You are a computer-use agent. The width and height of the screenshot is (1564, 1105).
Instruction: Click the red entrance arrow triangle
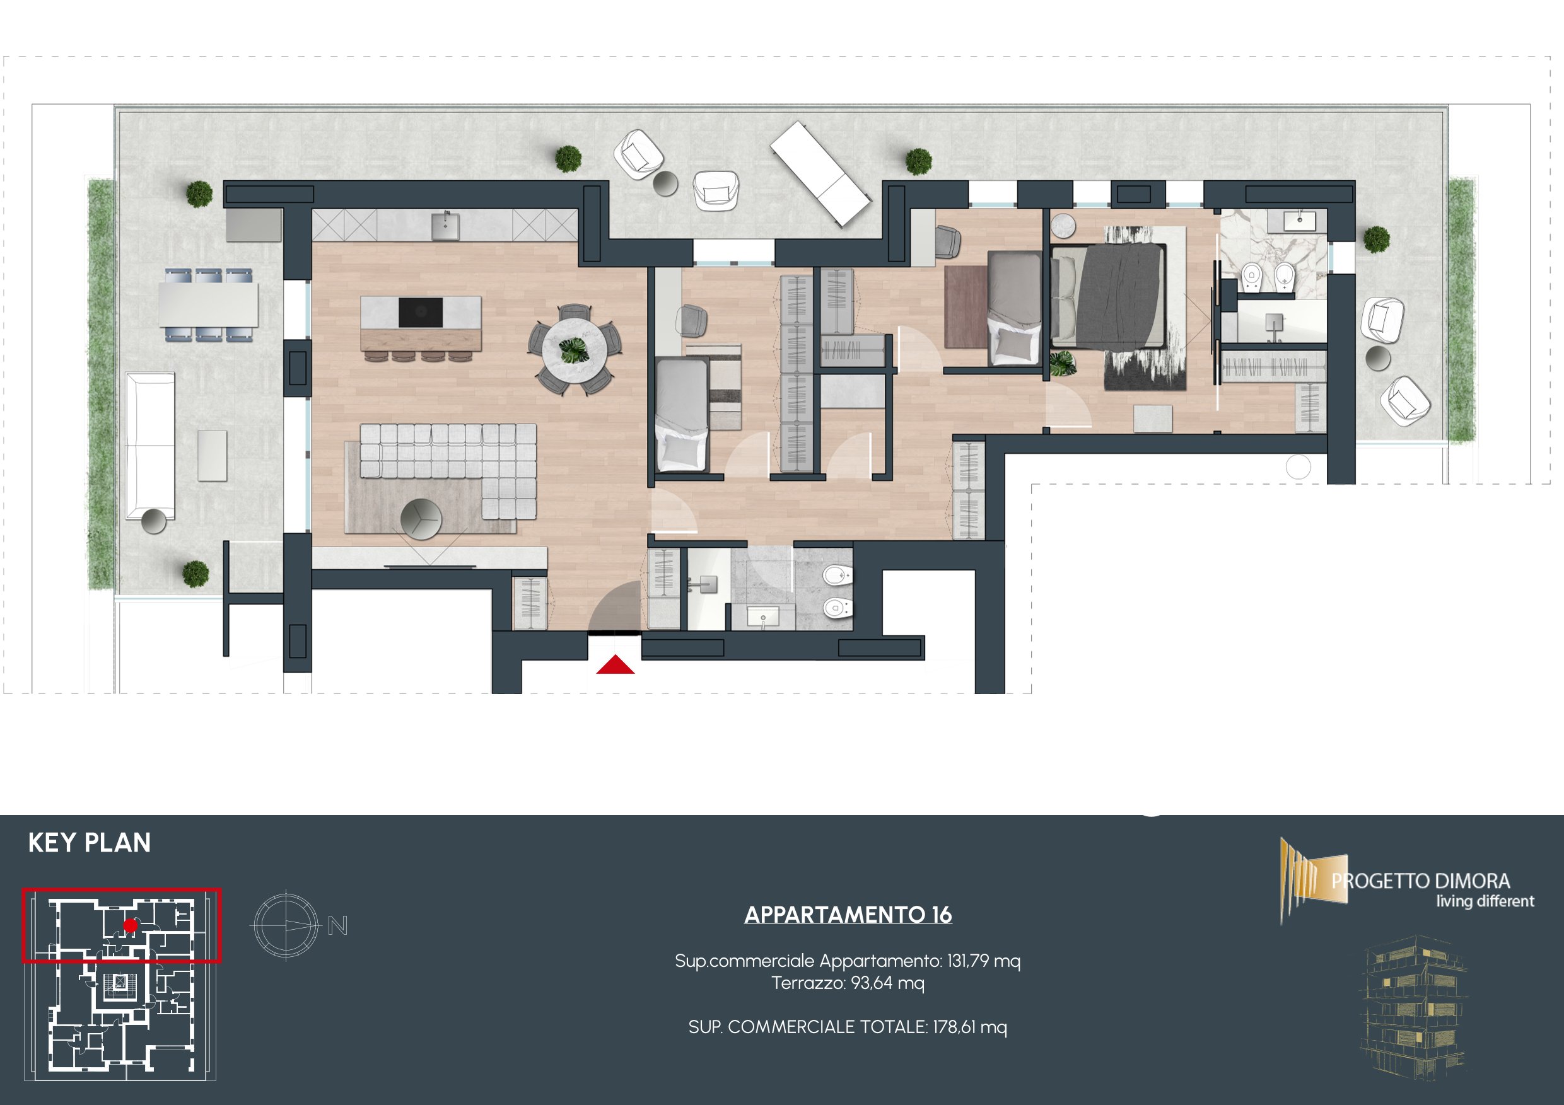click(x=615, y=664)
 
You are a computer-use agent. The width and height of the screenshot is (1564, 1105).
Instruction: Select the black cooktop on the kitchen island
click(x=420, y=313)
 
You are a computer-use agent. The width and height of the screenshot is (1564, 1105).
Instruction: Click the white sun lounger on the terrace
click(x=820, y=173)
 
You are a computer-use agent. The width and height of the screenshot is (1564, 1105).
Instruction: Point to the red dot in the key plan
click(x=130, y=925)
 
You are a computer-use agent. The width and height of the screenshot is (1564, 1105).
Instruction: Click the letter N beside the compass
click(x=338, y=925)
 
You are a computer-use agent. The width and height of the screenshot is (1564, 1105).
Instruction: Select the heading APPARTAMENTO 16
click(x=848, y=915)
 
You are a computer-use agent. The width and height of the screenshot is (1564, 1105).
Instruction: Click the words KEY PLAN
click(x=89, y=843)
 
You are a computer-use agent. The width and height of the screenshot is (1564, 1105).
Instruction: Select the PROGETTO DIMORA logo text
click(x=1421, y=881)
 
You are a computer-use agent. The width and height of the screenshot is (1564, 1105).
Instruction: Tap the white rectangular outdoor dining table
click(x=209, y=304)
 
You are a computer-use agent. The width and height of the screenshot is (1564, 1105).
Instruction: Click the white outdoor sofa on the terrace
click(x=151, y=446)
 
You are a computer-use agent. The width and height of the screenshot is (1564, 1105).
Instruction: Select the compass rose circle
click(x=286, y=925)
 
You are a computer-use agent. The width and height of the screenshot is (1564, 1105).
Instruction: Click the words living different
click(x=1485, y=901)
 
